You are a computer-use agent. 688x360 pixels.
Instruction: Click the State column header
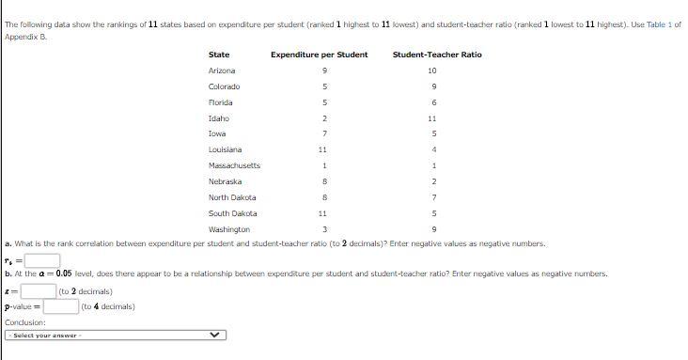218,55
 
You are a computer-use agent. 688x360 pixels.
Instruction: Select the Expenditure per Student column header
319,55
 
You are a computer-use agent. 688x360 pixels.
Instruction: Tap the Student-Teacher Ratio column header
437,55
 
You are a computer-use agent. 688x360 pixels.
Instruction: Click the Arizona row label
222,70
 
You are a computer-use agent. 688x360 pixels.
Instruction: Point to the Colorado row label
224,86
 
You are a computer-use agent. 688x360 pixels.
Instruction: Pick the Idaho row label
218,118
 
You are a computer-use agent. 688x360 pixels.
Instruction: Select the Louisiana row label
225,149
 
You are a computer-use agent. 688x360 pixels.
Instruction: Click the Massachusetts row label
234,165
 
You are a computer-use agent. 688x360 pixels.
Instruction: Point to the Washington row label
228,229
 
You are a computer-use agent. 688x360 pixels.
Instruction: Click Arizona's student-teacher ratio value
431,70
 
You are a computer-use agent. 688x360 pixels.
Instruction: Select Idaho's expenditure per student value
323,118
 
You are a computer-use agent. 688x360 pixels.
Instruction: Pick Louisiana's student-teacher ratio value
431,149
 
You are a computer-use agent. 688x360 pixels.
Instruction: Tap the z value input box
38,291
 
